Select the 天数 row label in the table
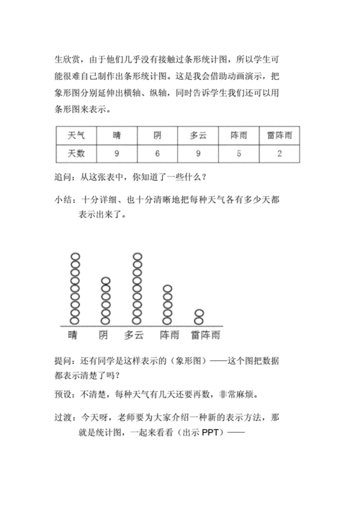click(x=76, y=153)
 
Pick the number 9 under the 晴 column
click(x=117, y=153)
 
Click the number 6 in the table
click(x=157, y=153)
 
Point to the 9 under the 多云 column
click(x=198, y=153)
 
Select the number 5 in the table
click(x=238, y=153)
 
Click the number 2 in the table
click(x=279, y=153)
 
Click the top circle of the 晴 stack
click(x=73, y=257)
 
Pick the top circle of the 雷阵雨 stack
click(x=200, y=313)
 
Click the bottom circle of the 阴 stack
click(x=105, y=320)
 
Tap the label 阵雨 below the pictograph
click(x=169, y=336)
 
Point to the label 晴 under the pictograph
click(x=73, y=336)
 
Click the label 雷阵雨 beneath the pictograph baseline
click(x=205, y=336)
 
